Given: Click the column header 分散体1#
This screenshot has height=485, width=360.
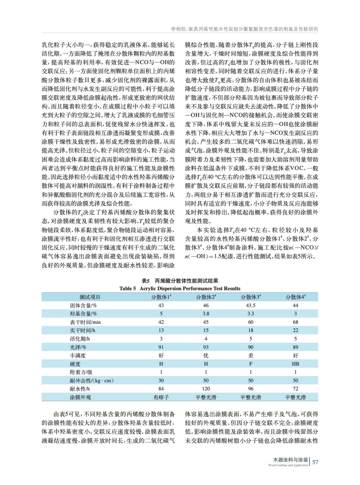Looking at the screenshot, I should pos(161,297).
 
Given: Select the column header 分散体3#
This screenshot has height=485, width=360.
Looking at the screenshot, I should pos(251,297).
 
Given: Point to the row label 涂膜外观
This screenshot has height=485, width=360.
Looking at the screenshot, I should pos(80,397).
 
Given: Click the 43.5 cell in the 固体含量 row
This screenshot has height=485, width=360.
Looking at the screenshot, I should pos(251,306).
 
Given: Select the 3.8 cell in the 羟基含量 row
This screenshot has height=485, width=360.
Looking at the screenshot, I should pos(206,314).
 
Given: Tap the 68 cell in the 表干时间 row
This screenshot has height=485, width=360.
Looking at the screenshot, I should pos(295,322).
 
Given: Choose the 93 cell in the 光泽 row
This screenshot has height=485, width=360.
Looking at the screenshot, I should pos(206,347).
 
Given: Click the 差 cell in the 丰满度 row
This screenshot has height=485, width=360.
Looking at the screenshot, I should pos(251,356).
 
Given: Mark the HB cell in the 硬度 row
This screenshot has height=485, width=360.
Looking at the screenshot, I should pos(295,364).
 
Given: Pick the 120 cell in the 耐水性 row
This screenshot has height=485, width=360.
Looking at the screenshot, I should pos(206,389).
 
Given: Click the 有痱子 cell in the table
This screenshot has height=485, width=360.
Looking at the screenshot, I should pos(161,397).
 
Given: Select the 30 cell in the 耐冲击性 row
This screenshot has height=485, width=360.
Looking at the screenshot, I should pos(161,380).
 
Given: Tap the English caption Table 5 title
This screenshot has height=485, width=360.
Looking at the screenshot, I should pos(180,289).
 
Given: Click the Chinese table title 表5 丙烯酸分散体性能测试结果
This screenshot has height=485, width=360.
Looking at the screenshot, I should pos(180,281).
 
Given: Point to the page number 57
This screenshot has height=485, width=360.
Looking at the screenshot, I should pos(315,462).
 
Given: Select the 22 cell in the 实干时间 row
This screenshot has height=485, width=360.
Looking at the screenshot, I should pos(295,330).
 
